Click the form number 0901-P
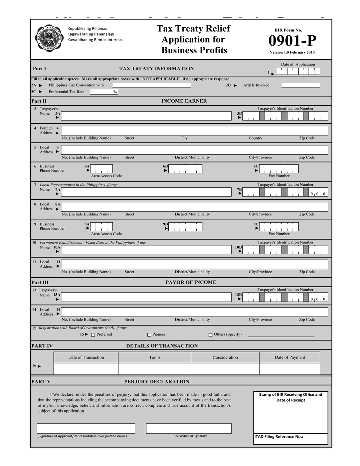(292, 41)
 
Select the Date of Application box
(298, 72)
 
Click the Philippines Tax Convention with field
(151, 85)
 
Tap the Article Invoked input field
(300, 85)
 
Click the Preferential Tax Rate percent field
(104, 92)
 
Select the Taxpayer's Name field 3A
(146, 116)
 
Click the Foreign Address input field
(194, 130)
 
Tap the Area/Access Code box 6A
(101, 169)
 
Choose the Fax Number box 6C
(279, 169)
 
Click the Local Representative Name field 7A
(146, 192)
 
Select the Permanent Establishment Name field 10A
(146, 250)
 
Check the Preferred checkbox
(93, 335)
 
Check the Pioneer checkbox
(149, 335)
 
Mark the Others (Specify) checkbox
(210, 335)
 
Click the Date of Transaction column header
(86, 357)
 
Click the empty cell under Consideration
(225, 369)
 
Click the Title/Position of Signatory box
(189, 428)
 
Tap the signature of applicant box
(86, 428)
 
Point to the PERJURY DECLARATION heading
(156, 381)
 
